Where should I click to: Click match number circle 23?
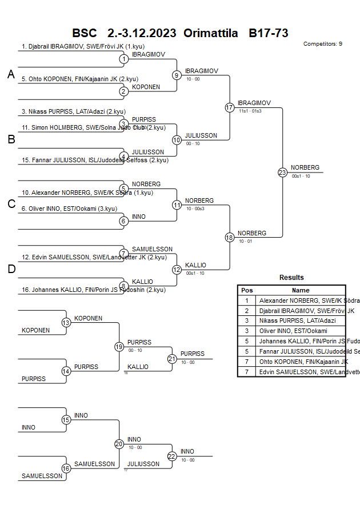pyautogui.click(x=282, y=173)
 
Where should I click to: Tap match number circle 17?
pyautogui.click(x=230, y=107)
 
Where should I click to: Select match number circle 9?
pyautogui.click(x=177, y=75)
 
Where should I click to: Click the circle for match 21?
pyautogui.click(x=172, y=359)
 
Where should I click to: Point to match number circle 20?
pyautogui.click(x=119, y=444)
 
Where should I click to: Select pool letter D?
pyautogui.click(x=11, y=269)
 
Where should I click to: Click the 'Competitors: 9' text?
pyautogui.click(x=323, y=44)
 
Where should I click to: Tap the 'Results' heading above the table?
pyautogui.click(x=291, y=278)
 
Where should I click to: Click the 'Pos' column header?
pyautogui.click(x=247, y=290)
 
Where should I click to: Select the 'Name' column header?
pyautogui.click(x=301, y=290)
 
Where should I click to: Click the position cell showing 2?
pyautogui.click(x=247, y=311)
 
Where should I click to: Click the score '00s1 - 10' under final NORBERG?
pyautogui.click(x=301, y=176)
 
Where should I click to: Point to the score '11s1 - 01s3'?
pyautogui.click(x=250, y=111)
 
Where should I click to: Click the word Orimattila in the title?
pyautogui.click(x=211, y=33)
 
